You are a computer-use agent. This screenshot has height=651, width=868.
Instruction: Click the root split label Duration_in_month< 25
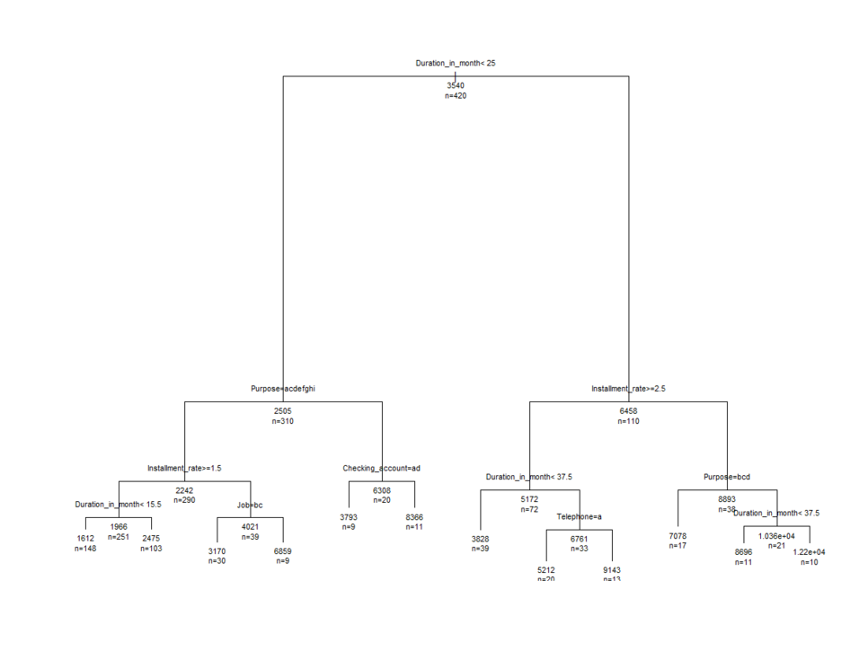(455, 63)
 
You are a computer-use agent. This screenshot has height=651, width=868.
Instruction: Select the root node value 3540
(456, 85)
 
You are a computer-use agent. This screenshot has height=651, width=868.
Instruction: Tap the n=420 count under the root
(456, 95)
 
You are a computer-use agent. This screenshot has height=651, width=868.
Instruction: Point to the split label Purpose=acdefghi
(283, 389)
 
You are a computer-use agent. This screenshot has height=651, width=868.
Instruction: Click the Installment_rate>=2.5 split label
(628, 389)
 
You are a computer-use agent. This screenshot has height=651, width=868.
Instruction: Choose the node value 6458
(628, 410)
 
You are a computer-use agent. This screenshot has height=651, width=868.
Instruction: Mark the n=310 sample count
(283, 420)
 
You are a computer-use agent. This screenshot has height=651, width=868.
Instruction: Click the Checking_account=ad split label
(382, 468)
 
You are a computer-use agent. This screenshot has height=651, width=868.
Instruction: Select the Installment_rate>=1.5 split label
(184, 468)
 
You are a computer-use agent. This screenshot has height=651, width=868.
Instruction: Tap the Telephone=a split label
(580, 516)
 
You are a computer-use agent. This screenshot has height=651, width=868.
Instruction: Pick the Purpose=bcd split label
(727, 477)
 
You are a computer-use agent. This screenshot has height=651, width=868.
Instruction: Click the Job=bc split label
(250, 505)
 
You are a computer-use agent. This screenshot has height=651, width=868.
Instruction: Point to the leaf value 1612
(85, 538)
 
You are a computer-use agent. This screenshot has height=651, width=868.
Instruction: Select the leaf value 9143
(612, 569)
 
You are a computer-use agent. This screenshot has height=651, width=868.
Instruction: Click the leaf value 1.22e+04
(809, 551)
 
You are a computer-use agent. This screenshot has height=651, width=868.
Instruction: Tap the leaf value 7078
(678, 536)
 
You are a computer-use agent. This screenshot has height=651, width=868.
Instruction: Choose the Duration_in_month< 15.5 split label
(119, 505)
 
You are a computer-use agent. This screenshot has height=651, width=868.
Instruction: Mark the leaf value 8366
(414, 517)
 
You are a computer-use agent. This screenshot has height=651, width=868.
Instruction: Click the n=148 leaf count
(85, 548)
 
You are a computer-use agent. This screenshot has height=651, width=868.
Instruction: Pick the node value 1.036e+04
(777, 535)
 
